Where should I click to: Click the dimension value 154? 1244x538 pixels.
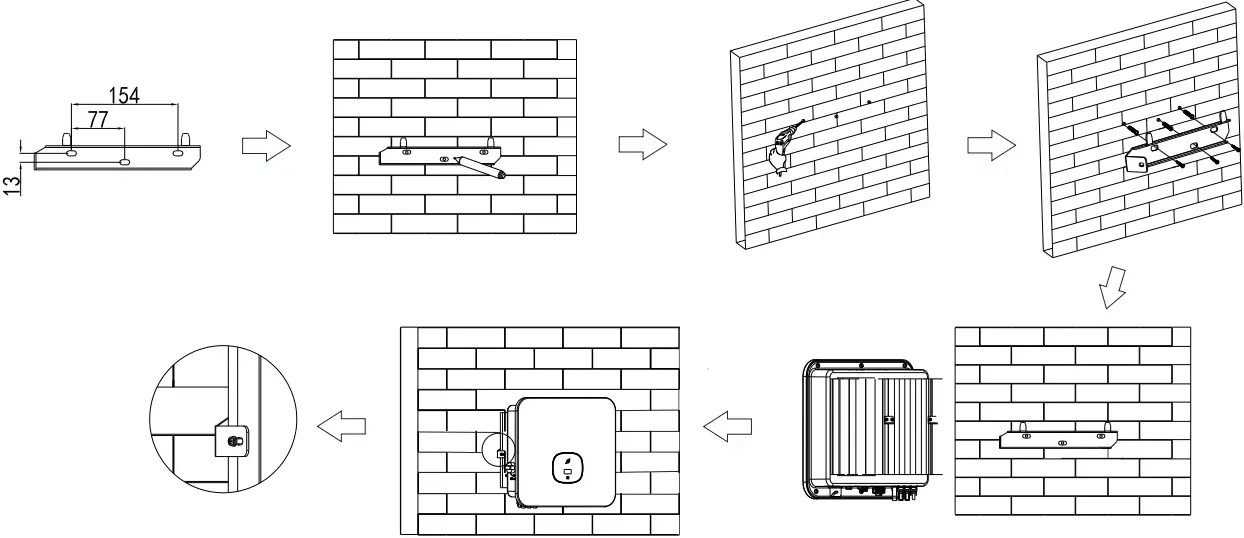124,95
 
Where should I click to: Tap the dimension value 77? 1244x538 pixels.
98,119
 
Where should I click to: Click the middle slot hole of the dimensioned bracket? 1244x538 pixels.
124,160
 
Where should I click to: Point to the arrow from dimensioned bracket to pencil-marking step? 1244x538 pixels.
266,147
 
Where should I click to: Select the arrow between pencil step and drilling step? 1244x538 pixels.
641,146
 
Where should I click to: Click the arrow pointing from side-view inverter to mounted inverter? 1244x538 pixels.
727,427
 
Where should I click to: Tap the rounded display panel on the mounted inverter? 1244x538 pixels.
567,466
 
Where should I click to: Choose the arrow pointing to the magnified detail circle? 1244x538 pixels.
340,427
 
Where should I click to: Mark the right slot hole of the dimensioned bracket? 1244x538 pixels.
177,154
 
